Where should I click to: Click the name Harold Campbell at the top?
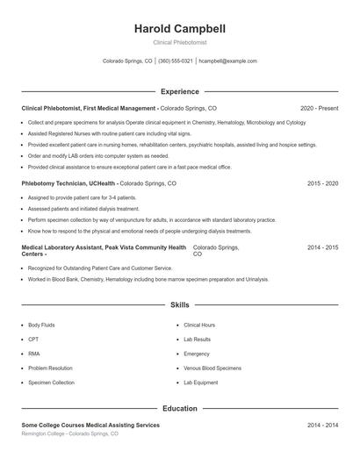179,28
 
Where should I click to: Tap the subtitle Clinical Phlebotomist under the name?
179,42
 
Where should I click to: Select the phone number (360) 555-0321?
176,61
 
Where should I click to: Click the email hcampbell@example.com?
227,61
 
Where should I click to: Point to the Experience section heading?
179,91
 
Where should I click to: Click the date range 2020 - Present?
319,108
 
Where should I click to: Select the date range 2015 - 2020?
322,184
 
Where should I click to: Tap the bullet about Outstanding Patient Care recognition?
100,268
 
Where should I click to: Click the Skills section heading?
179,305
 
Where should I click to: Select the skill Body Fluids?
42,325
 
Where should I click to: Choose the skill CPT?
33,339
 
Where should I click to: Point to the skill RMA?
34,354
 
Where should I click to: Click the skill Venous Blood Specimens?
213,368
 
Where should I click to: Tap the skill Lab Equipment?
201,383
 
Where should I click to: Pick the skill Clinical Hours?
199,325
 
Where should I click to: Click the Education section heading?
179,409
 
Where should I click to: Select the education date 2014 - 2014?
322,426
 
